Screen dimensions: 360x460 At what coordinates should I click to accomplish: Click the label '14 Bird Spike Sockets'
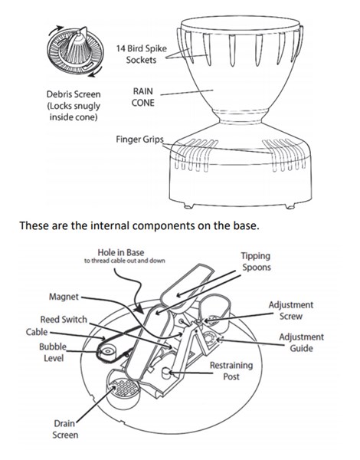[x=141, y=54]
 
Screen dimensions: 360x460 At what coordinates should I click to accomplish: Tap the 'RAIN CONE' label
[x=142, y=97]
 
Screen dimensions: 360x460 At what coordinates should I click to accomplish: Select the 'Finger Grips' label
[x=139, y=139]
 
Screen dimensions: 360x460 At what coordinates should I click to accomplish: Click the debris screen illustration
[x=75, y=52]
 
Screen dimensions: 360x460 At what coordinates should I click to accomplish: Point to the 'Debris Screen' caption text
[x=74, y=94]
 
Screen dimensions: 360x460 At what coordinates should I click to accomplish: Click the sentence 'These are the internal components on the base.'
[x=139, y=225]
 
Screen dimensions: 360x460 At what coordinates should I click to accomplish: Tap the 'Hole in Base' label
[x=121, y=252]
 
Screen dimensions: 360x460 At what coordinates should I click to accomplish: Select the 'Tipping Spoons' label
[x=257, y=261]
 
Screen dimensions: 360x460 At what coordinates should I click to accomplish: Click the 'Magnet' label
[x=64, y=297]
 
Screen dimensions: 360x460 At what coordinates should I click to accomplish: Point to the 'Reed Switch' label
[x=64, y=319]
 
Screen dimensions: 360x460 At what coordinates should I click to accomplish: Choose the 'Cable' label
[x=37, y=332]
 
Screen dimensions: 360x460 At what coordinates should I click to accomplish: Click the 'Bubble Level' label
[x=53, y=353]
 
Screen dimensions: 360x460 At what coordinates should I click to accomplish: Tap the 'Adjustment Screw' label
[x=291, y=310]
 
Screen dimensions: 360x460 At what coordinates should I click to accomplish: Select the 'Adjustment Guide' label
[x=301, y=343]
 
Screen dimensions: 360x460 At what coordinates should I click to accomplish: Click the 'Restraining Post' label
[x=231, y=371]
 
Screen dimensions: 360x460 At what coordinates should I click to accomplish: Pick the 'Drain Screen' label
[x=65, y=429]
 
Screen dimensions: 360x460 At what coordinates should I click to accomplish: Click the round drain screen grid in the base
[x=125, y=389]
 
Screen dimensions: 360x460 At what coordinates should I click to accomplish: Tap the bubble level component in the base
[x=106, y=351]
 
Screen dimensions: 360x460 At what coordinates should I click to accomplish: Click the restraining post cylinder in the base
[x=166, y=373]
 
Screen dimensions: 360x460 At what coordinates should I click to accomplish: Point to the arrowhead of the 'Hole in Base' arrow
[x=141, y=310]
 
